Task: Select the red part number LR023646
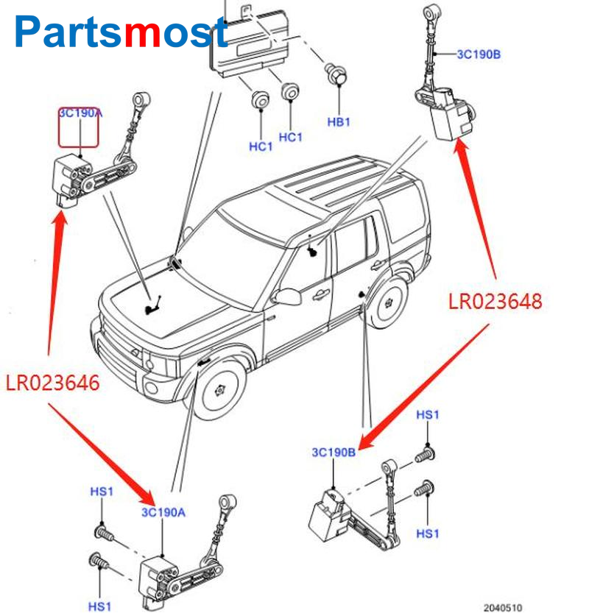point(53,383)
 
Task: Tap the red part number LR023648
point(495,301)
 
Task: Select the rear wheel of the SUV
point(388,302)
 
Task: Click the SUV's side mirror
point(286,297)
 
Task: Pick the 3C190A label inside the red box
point(79,113)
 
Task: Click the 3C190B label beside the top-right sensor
point(479,54)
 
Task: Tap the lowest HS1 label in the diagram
point(101,606)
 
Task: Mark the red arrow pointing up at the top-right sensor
point(479,206)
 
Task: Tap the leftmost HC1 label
point(261,146)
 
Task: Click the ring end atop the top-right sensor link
point(428,13)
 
